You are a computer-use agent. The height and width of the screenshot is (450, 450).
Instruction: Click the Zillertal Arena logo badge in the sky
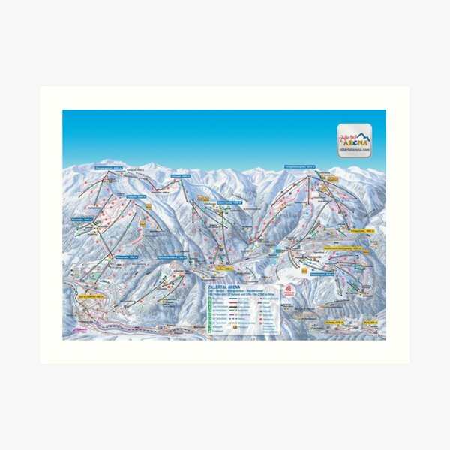(354, 139)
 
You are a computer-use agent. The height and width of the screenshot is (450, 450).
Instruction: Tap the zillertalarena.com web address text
(354, 151)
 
